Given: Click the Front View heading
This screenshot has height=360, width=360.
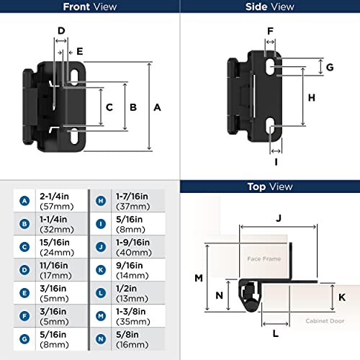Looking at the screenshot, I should [89, 7].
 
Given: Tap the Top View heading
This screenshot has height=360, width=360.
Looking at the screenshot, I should [269, 186].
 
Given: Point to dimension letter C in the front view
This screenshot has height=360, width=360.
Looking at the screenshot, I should [109, 107].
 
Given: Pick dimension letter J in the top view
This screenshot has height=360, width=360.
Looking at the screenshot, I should [277, 216].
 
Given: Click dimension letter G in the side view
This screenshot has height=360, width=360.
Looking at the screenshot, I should [329, 67].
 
